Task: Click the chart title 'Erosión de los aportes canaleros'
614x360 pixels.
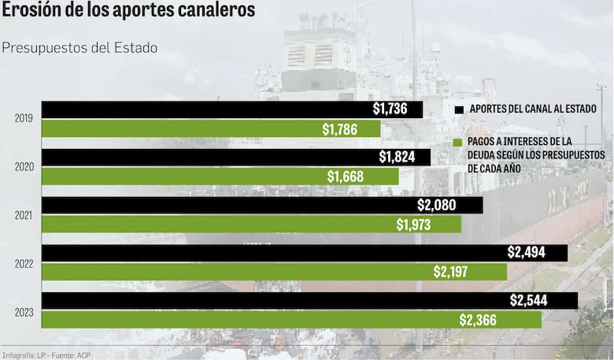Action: (128, 11)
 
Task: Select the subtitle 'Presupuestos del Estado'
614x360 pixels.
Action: (80, 48)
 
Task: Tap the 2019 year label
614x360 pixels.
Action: (24, 119)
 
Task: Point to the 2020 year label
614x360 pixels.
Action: (24, 167)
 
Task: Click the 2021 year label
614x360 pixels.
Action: (24, 215)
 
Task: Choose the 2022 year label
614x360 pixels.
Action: (24, 263)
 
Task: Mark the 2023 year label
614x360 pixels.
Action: (24, 312)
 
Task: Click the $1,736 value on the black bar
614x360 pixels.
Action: (390, 109)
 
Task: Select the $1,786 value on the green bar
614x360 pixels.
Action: (341, 129)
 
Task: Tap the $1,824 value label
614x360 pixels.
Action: (397, 157)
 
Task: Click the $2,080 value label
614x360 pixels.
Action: (436, 205)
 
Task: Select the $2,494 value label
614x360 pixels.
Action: (526, 253)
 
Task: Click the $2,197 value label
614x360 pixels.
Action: (452, 273)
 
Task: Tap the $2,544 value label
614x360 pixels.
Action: (528, 301)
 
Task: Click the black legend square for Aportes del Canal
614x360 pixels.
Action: (460, 109)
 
